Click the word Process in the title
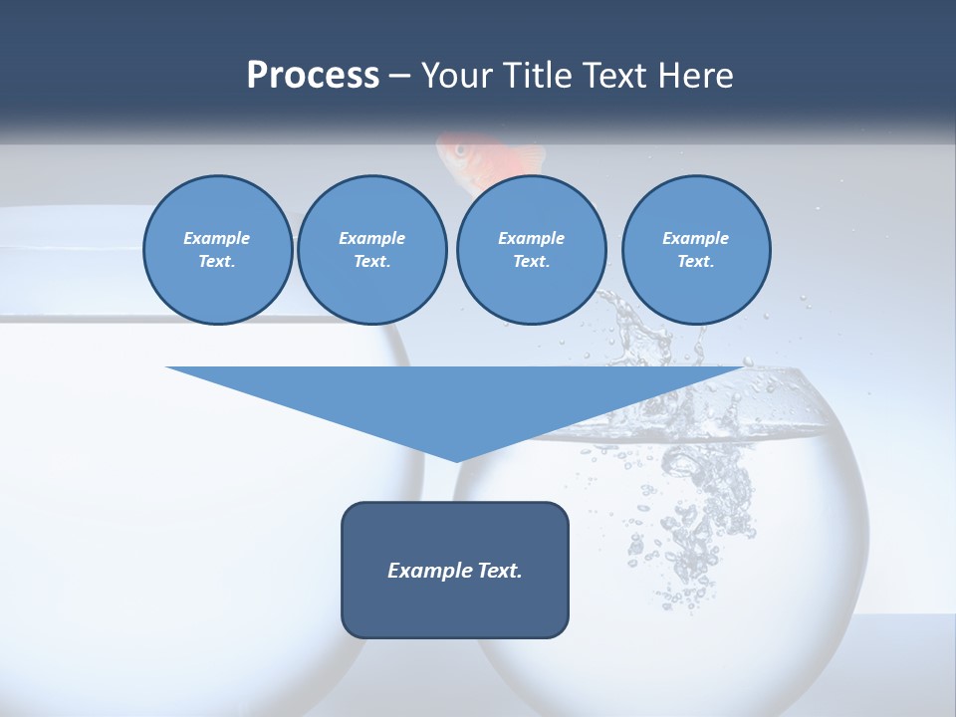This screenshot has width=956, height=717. pos(313,75)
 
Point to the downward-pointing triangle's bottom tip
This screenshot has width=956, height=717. pos(456,459)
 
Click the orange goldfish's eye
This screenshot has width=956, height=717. pos(460,150)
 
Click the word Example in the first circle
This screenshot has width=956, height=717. pos(217,238)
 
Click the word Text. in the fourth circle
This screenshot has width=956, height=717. pos(696,261)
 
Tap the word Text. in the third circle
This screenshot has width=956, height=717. pos(531,261)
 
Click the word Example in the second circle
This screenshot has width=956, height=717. pos(371,238)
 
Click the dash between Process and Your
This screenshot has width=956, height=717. pos(400,76)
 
